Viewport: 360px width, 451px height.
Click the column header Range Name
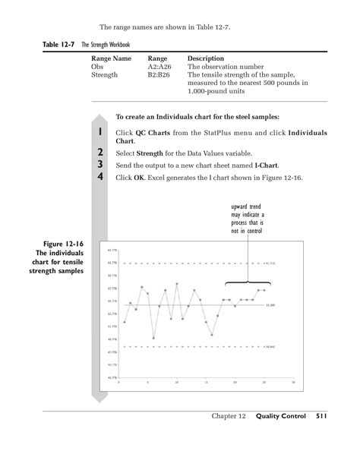(111, 58)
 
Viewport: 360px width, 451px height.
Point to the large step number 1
(100, 133)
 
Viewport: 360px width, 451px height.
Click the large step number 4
(100, 177)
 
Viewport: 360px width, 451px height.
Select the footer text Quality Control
(280, 416)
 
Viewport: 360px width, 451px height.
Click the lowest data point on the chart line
(153, 338)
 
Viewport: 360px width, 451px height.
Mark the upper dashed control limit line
(190, 263)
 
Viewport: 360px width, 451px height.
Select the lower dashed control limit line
(190, 347)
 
